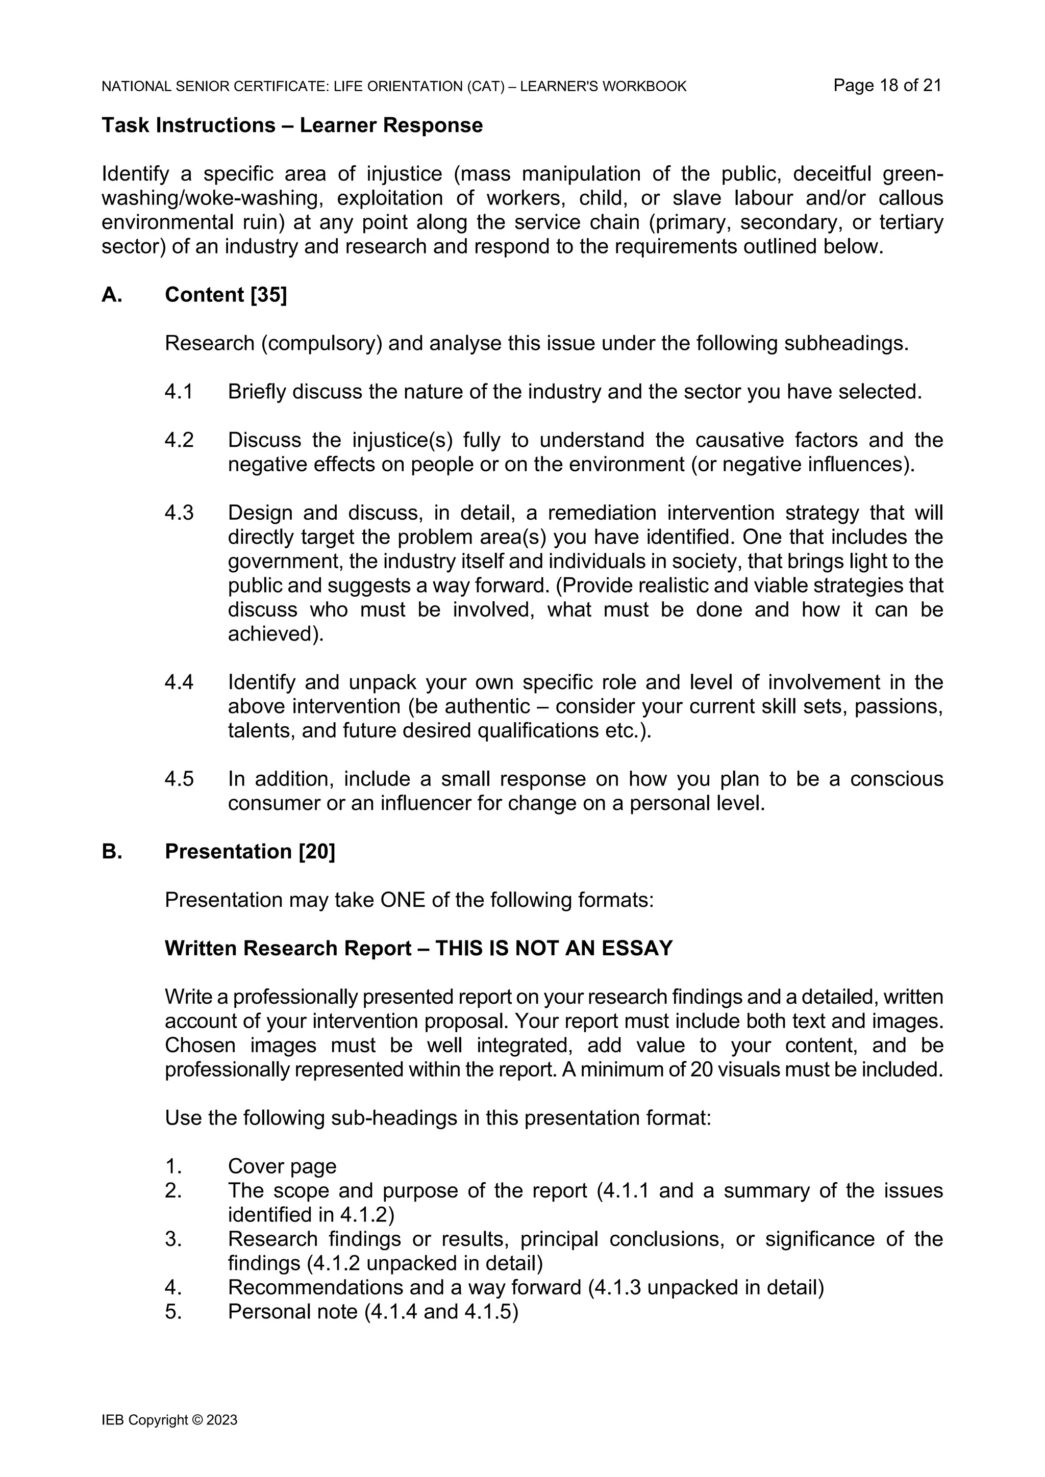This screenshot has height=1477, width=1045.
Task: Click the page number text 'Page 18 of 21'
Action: [x=887, y=86]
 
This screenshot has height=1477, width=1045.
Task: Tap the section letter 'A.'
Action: [x=112, y=295]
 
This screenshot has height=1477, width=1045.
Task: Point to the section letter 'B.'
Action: [x=112, y=851]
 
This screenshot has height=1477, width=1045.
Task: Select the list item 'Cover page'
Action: [x=282, y=1166]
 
